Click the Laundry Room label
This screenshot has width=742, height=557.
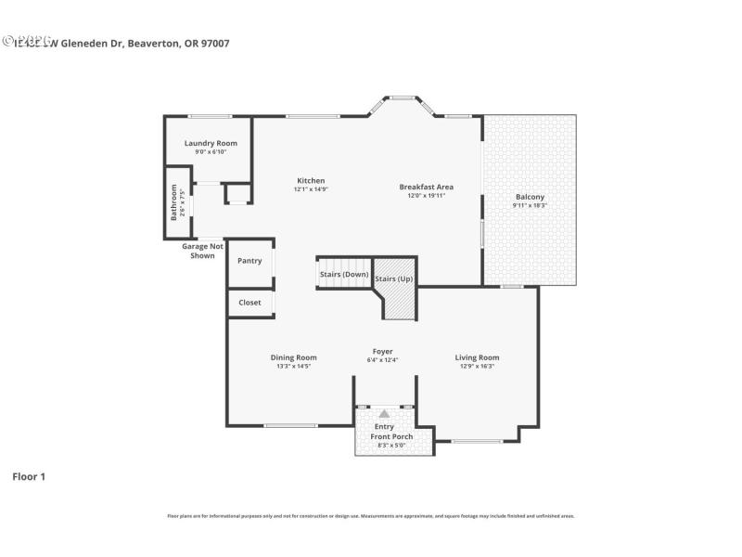(x=211, y=143)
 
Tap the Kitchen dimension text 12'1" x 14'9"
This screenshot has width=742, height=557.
(x=311, y=189)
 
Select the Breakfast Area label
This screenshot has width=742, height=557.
(x=427, y=187)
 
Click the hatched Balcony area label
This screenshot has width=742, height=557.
(x=530, y=197)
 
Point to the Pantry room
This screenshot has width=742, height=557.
(x=249, y=261)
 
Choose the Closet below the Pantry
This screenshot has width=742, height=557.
(x=249, y=303)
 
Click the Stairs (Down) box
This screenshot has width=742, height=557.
(x=344, y=275)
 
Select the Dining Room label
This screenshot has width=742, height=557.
(x=293, y=357)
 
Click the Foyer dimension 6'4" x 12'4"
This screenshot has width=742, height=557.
(x=383, y=360)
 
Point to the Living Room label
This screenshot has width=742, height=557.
(x=477, y=357)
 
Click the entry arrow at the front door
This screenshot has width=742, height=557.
(x=384, y=413)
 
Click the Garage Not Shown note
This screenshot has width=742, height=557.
(x=202, y=251)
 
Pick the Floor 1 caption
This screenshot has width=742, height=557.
(x=29, y=476)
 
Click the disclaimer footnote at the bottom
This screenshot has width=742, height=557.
(x=370, y=516)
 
